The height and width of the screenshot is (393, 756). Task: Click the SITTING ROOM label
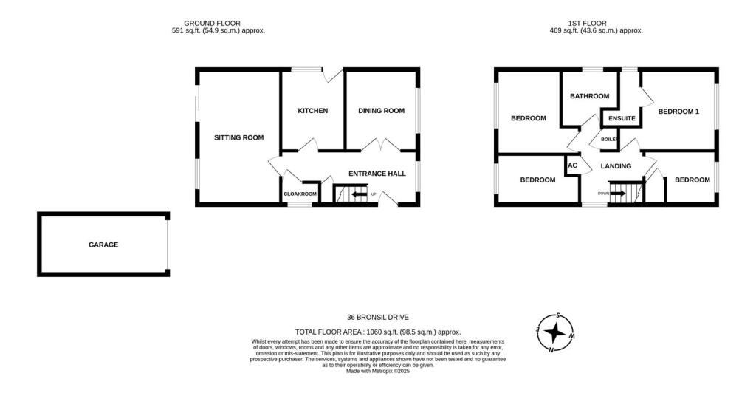[x=238, y=137]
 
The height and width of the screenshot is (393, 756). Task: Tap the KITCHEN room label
[x=312, y=111]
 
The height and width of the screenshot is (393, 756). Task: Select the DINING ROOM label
[x=381, y=111]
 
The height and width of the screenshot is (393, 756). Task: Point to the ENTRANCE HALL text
[x=377, y=174]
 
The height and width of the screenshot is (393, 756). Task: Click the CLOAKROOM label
[x=300, y=194]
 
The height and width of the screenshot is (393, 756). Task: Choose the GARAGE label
[x=103, y=245]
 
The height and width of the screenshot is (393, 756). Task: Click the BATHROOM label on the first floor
[x=589, y=96]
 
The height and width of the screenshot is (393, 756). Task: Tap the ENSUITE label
[x=622, y=118]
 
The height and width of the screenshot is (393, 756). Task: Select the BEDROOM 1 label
[x=678, y=112]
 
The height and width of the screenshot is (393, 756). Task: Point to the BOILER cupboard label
[x=609, y=139]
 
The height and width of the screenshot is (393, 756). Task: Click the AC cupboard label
[x=572, y=165]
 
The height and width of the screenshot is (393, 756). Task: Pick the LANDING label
[x=615, y=166]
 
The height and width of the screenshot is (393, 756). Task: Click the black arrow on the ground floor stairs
[x=360, y=195]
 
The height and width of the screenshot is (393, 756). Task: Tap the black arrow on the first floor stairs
[x=618, y=194]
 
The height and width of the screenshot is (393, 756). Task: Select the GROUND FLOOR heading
[x=212, y=24]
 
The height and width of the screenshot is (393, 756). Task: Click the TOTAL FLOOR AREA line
[x=377, y=332]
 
